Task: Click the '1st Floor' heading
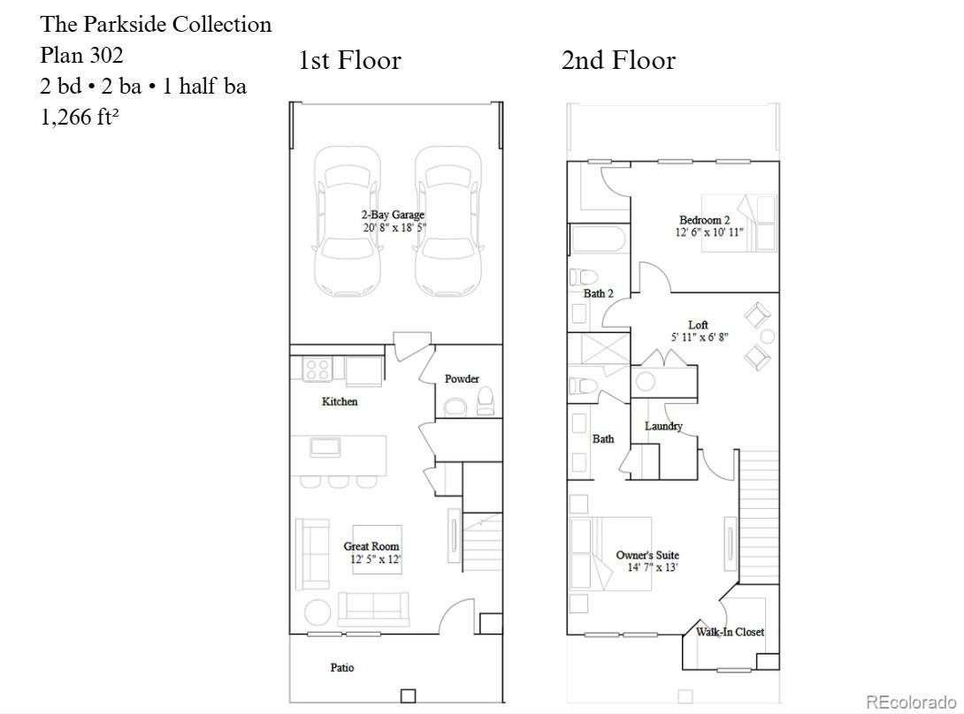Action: pyautogui.click(x=349, y=60)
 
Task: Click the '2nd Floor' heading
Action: pyautogui.click(x=618, y=60)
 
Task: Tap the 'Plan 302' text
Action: pyautogui.click(x=81, y=55)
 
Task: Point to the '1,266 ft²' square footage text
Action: pyautogui.click(x=80, y=116)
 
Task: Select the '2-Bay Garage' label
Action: pyautogui.click(x=393, y=215)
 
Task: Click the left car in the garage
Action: pyautogui.click(x=347, y=221)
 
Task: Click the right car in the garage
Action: pyautogui.click(x=448, y=221)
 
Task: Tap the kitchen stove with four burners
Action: pyautogui.click(x=318, y=368)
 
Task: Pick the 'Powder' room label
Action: pyautogui.click(x=462, y=378)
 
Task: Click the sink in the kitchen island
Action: pyautogui.click(x=325, y=447)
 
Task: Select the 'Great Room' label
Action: pyautogui.click(x=371, y=545)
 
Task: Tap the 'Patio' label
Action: pyautogui.click(x=342, y=667)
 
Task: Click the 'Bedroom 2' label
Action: pyautogui.click(x=705, y=219)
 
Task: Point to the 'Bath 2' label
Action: pyautogui.click(x=598, y=293)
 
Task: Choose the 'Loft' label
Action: pyautogui.click(x=698, y=324)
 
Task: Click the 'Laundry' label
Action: pyautogui.click(x=663, y=426)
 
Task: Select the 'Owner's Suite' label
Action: pyautogui.click(x=647, y=555)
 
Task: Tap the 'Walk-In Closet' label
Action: pyautogui.click(x=730, y=631)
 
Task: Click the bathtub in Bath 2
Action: pyautogui.click(x=599, y=239)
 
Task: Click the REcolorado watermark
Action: pyautogui.click(x=911, y=702)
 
